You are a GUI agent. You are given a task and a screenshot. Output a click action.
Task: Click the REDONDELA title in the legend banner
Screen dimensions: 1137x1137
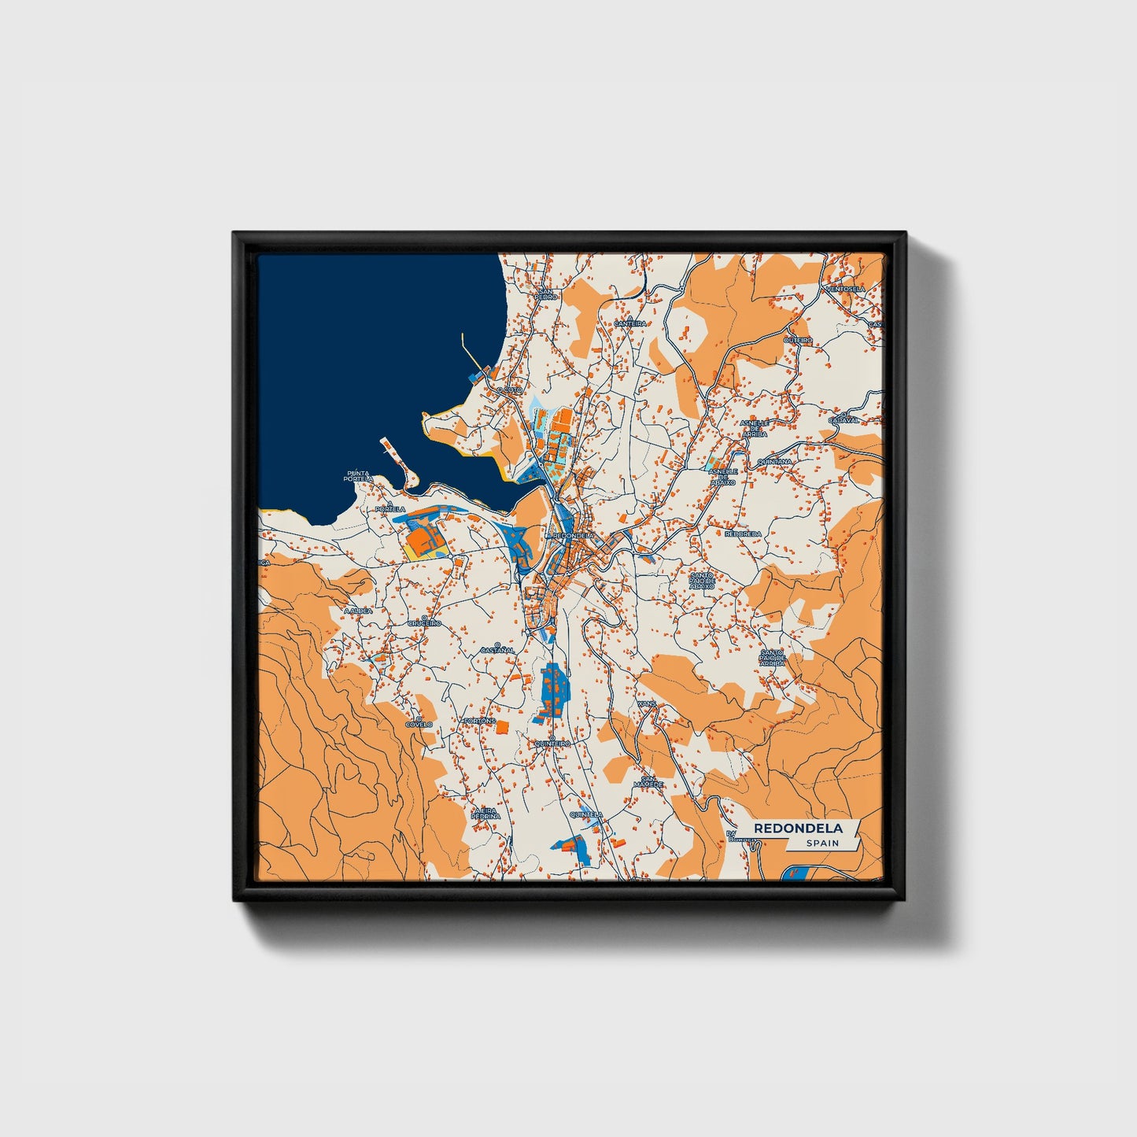click(x=798, y=828)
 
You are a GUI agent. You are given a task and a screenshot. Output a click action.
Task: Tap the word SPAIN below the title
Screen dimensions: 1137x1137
click(x=821, y=844)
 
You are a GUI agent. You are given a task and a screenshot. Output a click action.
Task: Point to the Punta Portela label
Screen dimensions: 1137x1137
click(x=358, y=477)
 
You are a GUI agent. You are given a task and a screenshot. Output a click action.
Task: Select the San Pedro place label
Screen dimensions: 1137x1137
click(x=546, y=294)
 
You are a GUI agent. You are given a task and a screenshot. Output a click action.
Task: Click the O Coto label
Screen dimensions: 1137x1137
click(x=509, y=389)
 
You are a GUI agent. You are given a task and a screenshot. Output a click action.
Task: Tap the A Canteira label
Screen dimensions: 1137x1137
click(x=629, y=322)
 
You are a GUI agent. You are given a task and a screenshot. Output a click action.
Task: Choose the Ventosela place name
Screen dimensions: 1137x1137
click(x=845, y=289)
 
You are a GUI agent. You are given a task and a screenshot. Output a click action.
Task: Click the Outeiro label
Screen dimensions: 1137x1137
click(x=799, y=339)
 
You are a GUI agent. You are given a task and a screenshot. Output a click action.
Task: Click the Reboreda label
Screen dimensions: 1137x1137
click(x=743, y=533)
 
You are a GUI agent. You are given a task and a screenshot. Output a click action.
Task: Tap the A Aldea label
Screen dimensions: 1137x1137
click(x=358, y=609)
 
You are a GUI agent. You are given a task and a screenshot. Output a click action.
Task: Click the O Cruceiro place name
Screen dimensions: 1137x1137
click(x=424, y=622)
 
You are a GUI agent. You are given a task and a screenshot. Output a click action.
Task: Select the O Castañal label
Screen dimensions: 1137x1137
click(x=497, y=649)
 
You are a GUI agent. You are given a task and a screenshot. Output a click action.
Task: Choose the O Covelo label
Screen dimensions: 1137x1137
click(x=419, y=722)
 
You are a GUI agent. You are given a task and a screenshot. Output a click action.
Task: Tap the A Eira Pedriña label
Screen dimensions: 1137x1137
click(x=485, y=814)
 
